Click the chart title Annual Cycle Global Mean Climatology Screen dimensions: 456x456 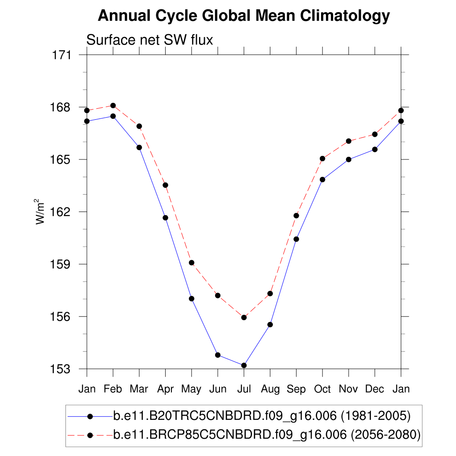coord(244,16)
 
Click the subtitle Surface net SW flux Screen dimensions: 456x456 coord(150,40)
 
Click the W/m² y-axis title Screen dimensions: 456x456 coord(41,212)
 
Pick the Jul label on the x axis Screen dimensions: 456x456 coord(244,389)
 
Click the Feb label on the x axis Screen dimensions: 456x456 coord(113,389)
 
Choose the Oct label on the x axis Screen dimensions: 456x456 coord(322,389)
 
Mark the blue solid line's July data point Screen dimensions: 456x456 coord(244,366)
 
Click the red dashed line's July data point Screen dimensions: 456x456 coord(244,318)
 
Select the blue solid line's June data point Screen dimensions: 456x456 coord(218,355)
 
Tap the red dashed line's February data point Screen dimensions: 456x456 coord(113,106)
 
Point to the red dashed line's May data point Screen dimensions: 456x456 coord(191,263)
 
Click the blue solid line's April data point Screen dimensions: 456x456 coord(165,218)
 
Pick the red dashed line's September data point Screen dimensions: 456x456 coord(296,216)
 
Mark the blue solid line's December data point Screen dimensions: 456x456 coord(375,149)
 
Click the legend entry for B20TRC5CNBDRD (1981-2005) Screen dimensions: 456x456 coord(261,416)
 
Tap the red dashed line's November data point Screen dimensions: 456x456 coord(349,141)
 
